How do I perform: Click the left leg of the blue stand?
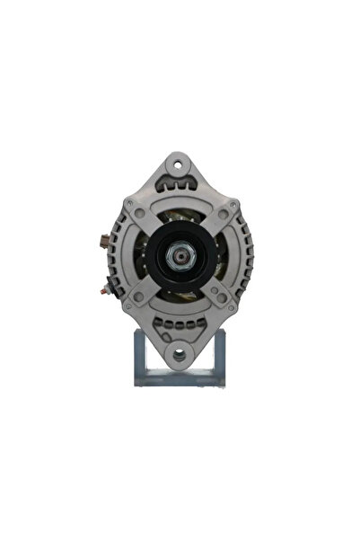pyautogui.click(x=140, y=354)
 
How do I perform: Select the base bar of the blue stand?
pyautogui.click(x=180, y=378)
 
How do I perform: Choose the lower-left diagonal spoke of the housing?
pyautogui.click(x=145, y=293)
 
